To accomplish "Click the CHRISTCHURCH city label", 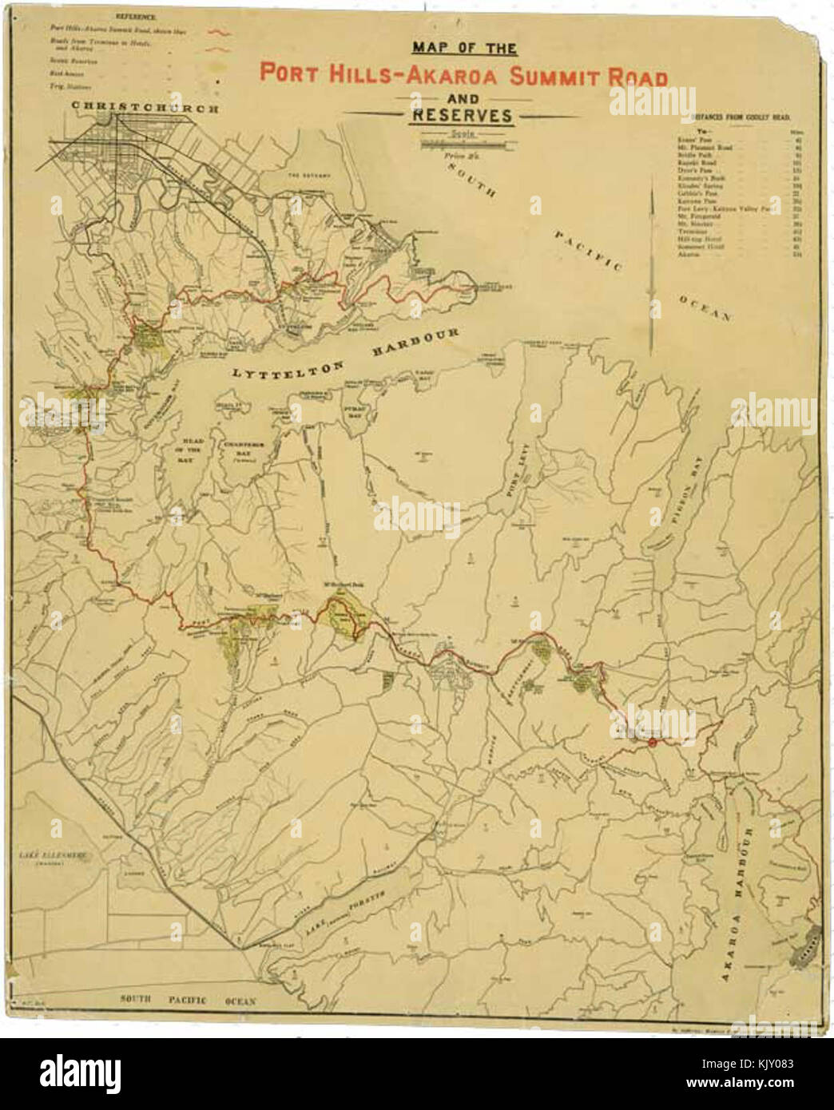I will click(143, 107).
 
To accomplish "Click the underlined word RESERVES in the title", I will click(462, 116).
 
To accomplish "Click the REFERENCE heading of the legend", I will click(135, 16).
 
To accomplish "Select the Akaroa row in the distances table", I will click(688, 253).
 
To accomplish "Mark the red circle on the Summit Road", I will click(652, 742).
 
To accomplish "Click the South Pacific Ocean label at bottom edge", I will click(188, 1000).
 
